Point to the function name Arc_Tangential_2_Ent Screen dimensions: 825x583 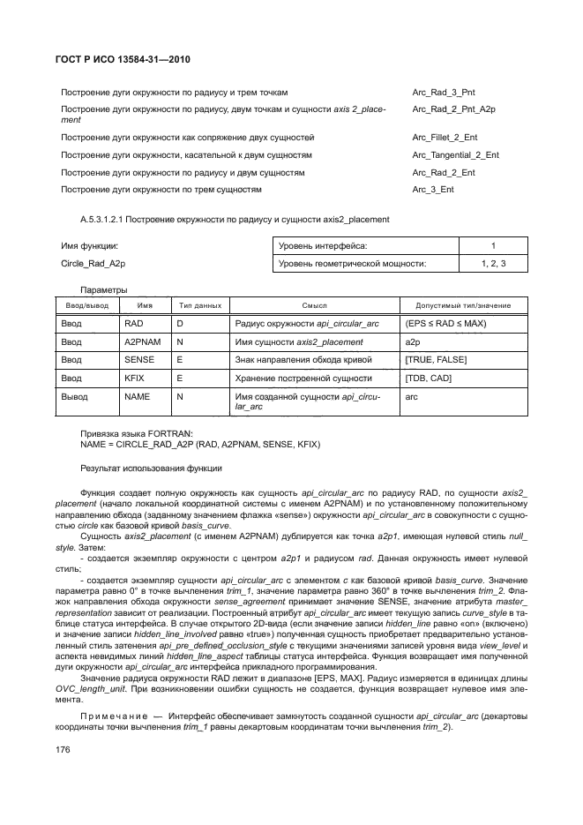click(x=455, y=155)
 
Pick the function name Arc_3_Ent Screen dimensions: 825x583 click(x=433, y=189)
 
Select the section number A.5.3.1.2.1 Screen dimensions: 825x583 click(x=107, y=219)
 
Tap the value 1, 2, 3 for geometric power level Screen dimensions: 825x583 click(x=493, y=263)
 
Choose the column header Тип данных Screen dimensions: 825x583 click(x=200, y=304)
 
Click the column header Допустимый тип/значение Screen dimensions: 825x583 click(x=462, y=304)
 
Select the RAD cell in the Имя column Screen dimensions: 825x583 click(x=133, y=323)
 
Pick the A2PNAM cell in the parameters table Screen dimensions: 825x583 click(x=140, y=341)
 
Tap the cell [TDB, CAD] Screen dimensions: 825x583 click(x=427, y=378)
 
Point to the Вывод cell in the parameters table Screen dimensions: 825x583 click(x=74, y=397)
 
